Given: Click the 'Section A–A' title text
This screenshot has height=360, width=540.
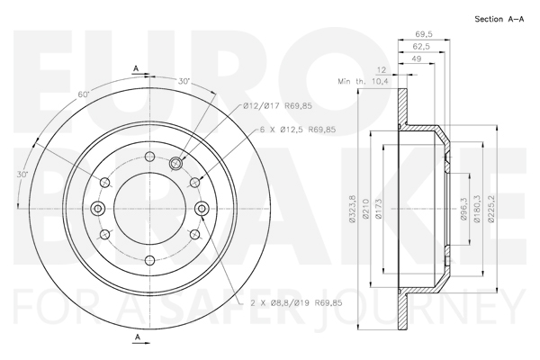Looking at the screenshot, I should (x=499, y=19).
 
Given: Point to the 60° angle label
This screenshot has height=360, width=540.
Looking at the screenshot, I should (x=84, y=94).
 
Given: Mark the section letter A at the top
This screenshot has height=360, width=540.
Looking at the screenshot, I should (x=135, y=68).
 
